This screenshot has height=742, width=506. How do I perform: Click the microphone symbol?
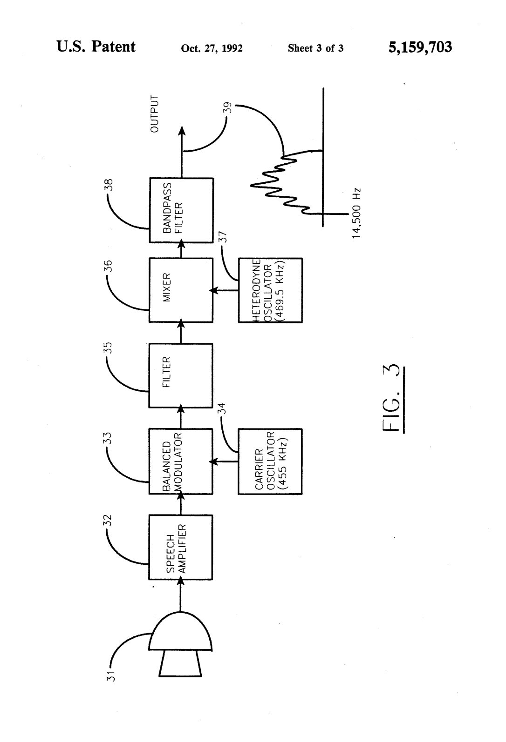[x=180, y=644]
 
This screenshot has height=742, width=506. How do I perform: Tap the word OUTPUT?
[x=155, y=114]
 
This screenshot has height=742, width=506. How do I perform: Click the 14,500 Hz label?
[x=356, y=214]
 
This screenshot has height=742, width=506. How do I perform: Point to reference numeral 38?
[x=109, y=185]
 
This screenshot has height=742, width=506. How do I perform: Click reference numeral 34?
[x=223, y=408]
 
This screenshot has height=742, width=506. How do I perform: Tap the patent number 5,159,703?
[x=420, y=47]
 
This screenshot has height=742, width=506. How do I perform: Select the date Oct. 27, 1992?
[x=212, y=48]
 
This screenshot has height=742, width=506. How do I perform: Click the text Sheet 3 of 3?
[x=315, y=48]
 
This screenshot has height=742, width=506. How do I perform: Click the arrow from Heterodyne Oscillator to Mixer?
[x=224, y=290]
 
